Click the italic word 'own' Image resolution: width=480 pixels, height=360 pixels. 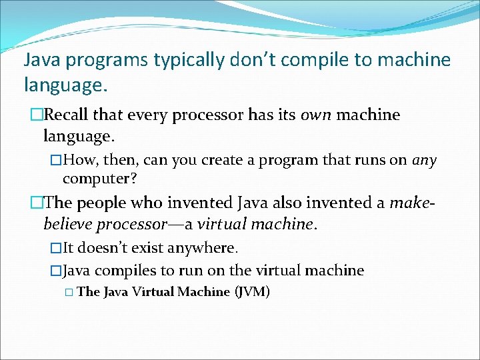click(x=315, y=115)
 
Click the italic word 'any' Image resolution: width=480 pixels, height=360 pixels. click(x=424, y=161)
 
